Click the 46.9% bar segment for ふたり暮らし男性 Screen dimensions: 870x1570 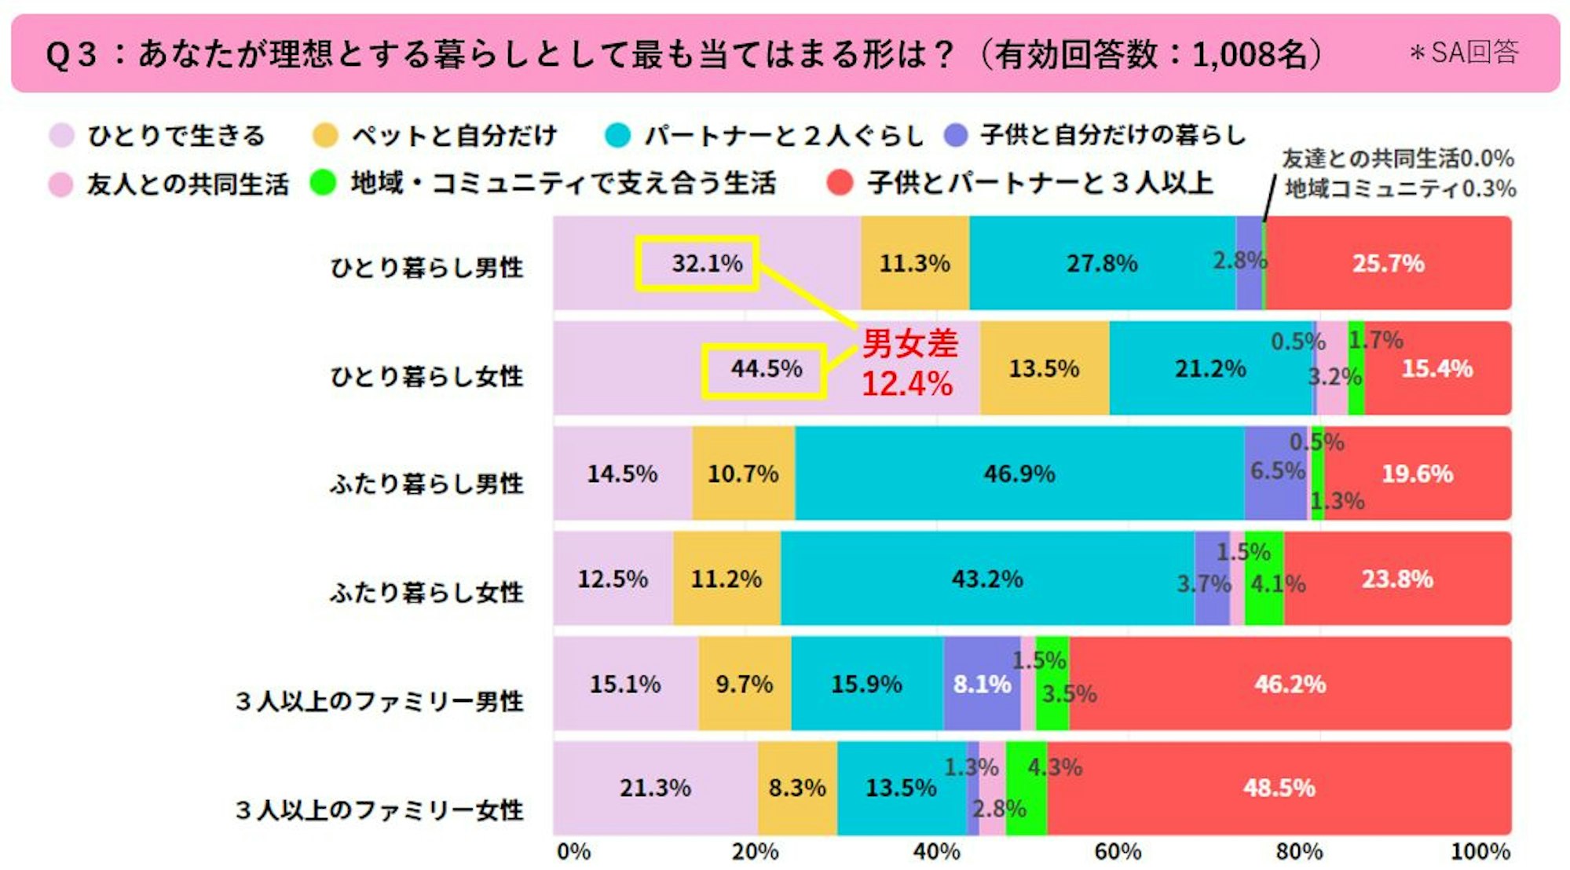[x=1019, y=473]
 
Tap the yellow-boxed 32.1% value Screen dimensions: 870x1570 [x=697, y=264]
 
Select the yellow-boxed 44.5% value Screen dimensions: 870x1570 [x=764, y=369]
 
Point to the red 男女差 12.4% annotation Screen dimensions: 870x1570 [x=909, y=364]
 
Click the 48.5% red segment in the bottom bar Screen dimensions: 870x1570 [x=1279, y=788]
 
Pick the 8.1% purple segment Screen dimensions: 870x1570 [x=982, y=684]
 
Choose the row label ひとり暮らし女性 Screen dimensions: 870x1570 [x=426, y=376]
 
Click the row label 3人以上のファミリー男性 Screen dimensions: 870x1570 [x=379, y=700]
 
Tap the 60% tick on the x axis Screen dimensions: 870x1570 [x=1118, y=852]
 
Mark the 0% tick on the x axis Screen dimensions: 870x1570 [x=573, y=852]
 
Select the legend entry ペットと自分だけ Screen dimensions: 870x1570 [x=453, y=136]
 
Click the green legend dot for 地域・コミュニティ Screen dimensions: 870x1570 [x=323, y=183]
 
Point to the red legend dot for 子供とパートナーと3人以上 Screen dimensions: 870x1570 [x=840, y=183]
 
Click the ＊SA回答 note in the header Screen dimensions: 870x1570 [x=1463, y=53]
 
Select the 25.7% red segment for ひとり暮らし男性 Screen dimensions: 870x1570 [x=1388, y=264]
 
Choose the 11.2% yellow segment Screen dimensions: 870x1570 [x=726, y=579]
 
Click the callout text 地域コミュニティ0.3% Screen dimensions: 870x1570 [x=1400, y=188]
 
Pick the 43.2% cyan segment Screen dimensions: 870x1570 [x=987, y=579]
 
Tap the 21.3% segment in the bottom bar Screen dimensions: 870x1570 [x=655, y=788]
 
